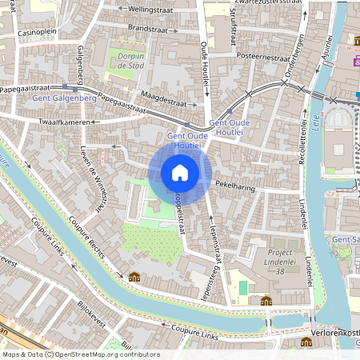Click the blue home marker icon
(x=180, y=173)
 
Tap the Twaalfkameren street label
(x=61, y=122)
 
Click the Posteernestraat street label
(x=264, y=58)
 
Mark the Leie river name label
(x=317, y=125)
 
